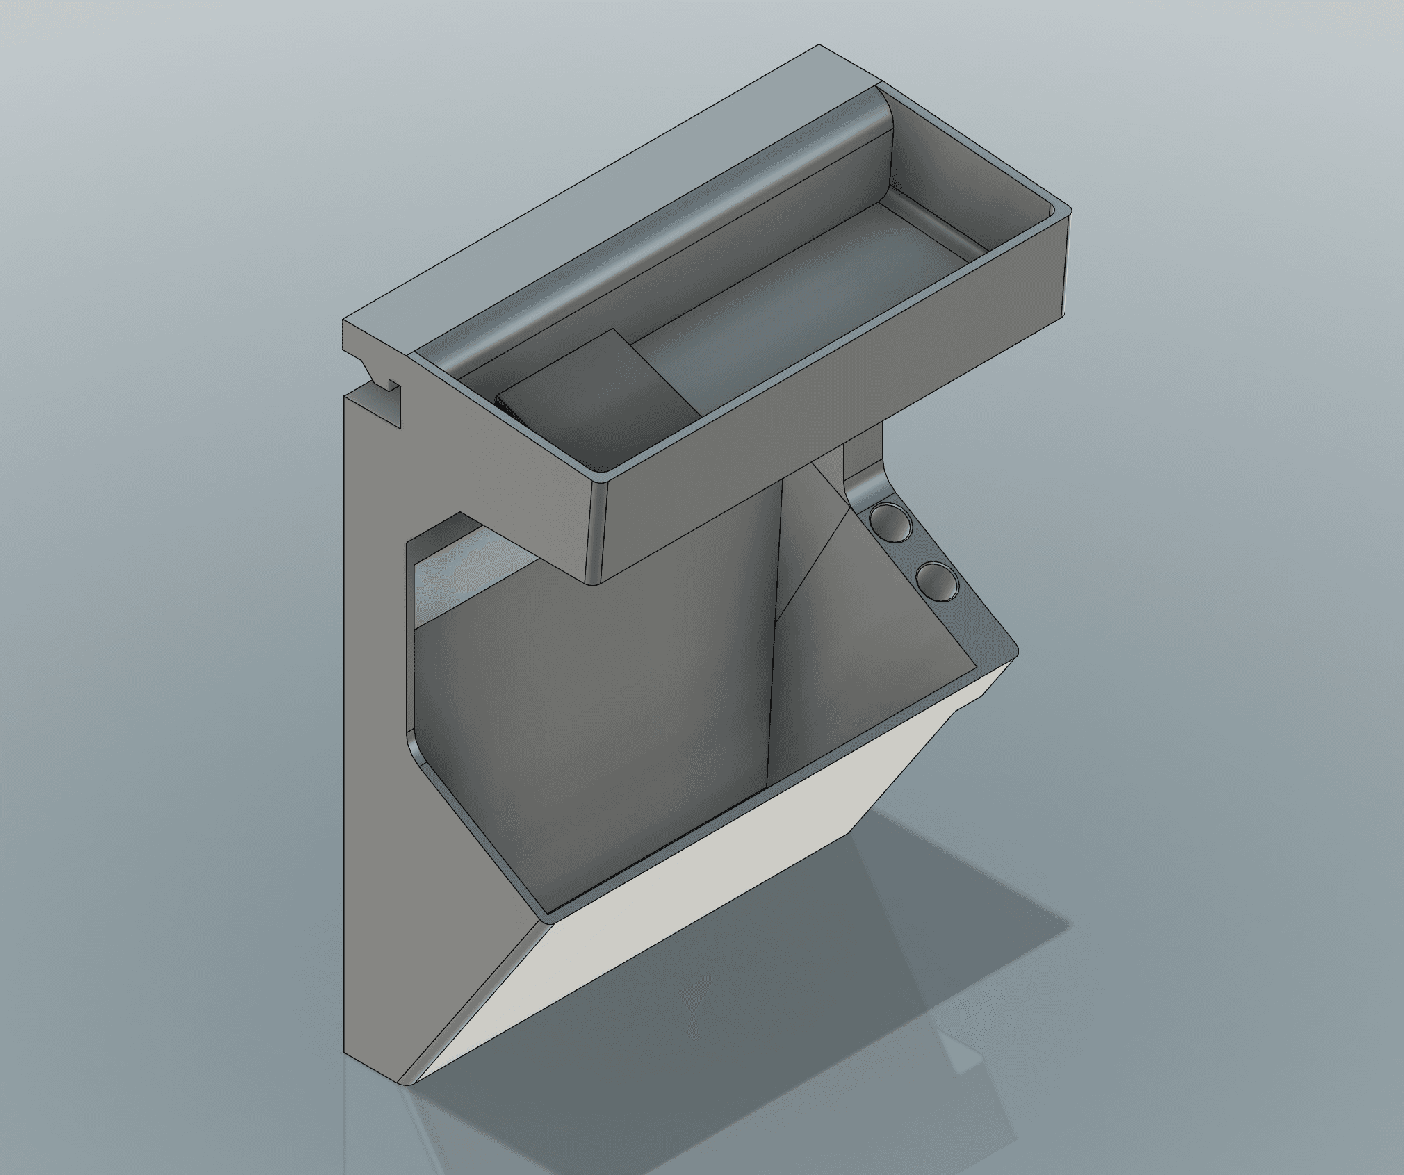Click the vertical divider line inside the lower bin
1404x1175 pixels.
(775, 660)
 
